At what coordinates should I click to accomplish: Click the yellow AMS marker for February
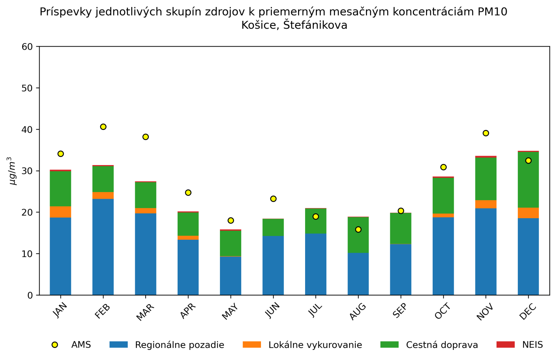click(x=103, y=127)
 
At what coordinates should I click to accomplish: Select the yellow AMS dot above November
click(x=486, y=133)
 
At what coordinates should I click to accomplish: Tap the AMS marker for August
click(x=358, y=229)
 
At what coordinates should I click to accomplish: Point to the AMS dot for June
click(x=273, y=199)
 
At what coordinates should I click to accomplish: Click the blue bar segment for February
click(x=103, y=247)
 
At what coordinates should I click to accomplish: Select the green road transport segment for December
click(x=528, y=180)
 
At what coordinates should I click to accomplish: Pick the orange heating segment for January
click(x=60, y=212)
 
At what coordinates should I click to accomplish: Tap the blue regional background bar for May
click(x=231, y=276)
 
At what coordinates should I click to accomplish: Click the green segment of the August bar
click(x=358, y=235)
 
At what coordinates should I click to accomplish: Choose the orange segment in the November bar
click(x=486, y=204)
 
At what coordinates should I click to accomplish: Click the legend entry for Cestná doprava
click(x=442, y=345)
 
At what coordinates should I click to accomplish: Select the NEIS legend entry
click(x=532, y=345)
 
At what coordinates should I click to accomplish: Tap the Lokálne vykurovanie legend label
click(x=315, y=345)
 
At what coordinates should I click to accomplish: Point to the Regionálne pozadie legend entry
click(x=179, y=345)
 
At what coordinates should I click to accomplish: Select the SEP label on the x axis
click(x=400, y=311)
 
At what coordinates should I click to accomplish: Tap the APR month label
click(x=188, y=311)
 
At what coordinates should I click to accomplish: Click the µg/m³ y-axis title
click(x=13, y=171)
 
